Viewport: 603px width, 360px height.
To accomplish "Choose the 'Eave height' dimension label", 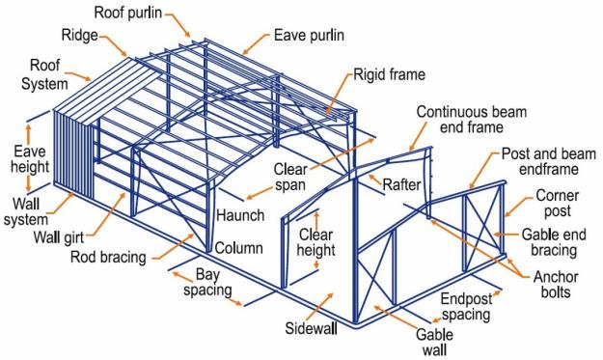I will click(x=29, y=160).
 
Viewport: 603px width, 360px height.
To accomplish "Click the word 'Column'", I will click(x=238, y=248).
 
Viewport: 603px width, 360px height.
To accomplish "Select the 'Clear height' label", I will click(x=316, y=243).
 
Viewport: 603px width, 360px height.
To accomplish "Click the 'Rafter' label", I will click(x=401, y=184).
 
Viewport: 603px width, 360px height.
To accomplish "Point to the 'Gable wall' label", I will click(x=434, y=341).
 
